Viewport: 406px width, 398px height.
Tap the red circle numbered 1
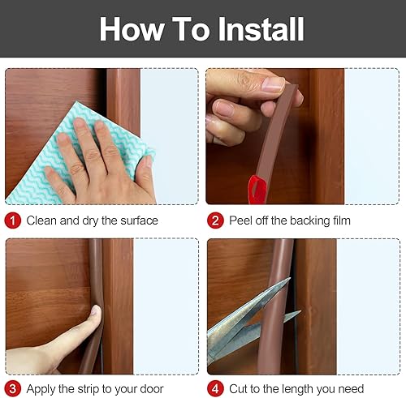[x=13, y=220]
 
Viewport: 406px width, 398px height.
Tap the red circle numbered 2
[x=215, y=220]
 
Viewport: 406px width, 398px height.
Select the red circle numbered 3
[x=13, y=387]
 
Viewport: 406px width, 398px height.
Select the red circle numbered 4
[x=215, y=387]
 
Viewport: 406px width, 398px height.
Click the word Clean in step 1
[x=42, y=220]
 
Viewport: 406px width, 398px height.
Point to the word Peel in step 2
[x=243, y=220]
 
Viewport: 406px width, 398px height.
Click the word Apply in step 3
[x=43, y=387]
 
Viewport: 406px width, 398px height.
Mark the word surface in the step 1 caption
[x=137, y=220]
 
